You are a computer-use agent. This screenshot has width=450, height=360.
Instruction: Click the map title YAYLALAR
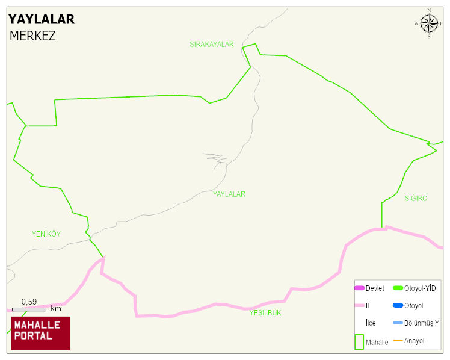pyautogui.click(x=42, y=19)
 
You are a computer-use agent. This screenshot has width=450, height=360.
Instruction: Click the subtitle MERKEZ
pyautogui.click(x=32, y=36)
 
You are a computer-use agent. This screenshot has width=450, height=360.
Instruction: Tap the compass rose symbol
pyautogui.click(x=429, y=23)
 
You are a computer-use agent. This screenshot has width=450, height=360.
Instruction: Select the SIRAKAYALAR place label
pyautogui.click(x=211, y=45)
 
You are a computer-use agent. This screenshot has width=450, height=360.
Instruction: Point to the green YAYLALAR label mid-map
pyautogui.click(x=229, y=194)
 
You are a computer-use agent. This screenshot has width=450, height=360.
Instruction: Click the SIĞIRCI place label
pyautogui.click(x=416, y=198)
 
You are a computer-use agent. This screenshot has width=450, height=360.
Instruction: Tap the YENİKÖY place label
pyautogui.click(x=46, y=234)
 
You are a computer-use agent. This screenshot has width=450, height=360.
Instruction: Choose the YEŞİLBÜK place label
pyautogui.click(x=265, y=313)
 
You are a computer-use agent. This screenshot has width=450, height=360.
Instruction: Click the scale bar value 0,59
pyautogui.click(x=29, y=302)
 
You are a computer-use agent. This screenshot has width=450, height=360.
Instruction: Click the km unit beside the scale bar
pyautogui.click(x=56, y=309)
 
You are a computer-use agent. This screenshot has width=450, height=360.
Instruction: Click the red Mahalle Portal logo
pyautogui.click(x=41, y=332)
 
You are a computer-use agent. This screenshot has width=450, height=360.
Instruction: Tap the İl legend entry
pyautogui.click(x=368, y=306)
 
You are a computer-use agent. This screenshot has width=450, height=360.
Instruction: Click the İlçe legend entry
pyautogui.click(x=371, y=323)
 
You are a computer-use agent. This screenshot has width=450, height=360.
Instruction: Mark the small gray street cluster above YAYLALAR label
pyautogui.click(x=216, y=159)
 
